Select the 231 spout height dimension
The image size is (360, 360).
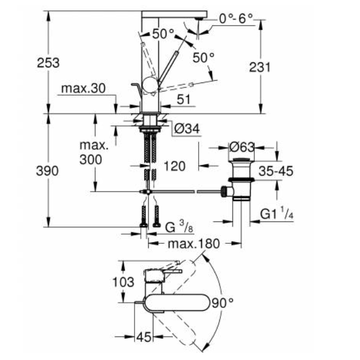[260, 67]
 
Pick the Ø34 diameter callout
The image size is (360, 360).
[185, 130]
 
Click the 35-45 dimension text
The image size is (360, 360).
[273, 171]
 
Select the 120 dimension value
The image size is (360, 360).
[175, 166]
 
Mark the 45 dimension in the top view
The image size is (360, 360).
[145, 338]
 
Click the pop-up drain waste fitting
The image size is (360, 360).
[241, 180]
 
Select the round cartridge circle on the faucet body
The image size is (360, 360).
[150, 86]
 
